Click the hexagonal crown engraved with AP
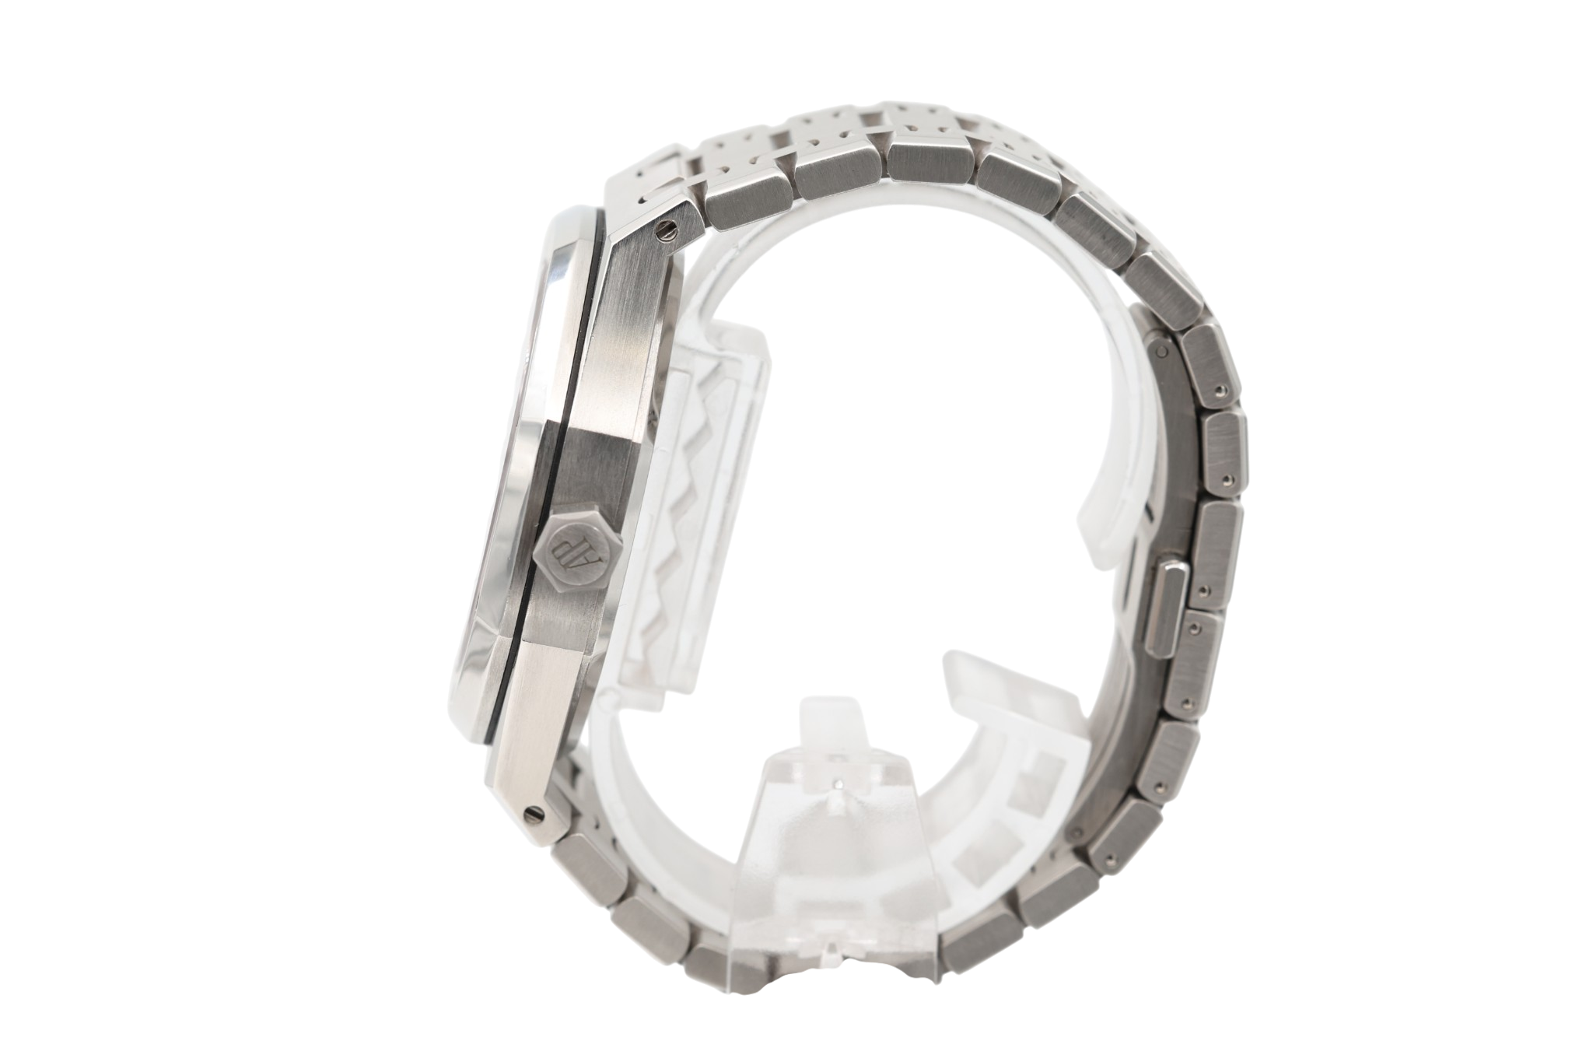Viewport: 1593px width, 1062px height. click(x=574, y=550)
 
